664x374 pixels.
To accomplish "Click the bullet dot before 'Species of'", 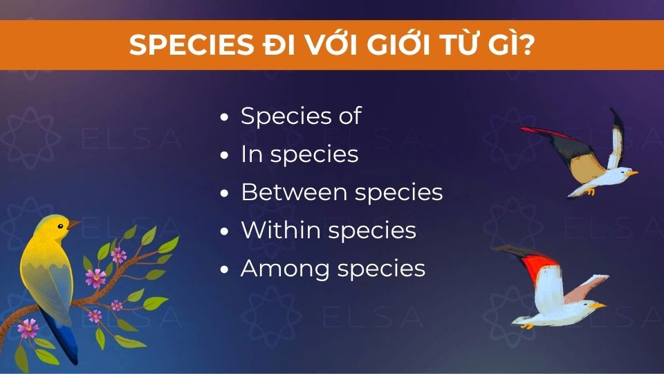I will [223, 118].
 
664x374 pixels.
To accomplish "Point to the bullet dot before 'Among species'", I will [223, 270].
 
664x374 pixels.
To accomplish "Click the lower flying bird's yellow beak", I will [601, 305].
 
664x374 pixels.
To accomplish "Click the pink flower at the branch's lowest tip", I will [28, 327].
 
